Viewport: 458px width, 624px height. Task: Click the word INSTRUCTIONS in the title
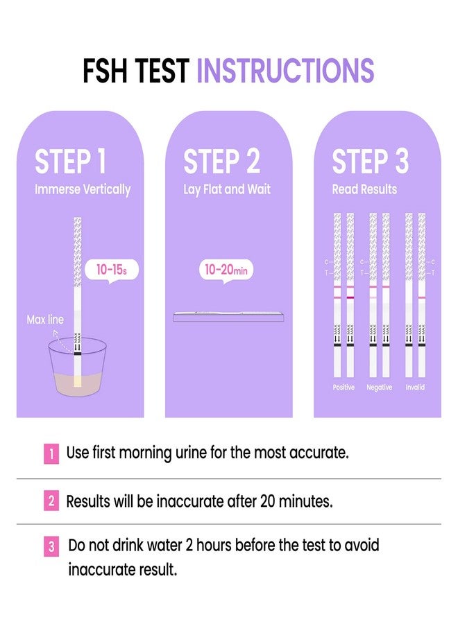tap(285, 71)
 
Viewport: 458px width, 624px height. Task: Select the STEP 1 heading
tap(71, 162)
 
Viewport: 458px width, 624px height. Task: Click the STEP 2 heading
tap(222, 162)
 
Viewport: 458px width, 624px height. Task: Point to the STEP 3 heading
tap(371, 162)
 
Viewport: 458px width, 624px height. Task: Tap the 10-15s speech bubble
tap(106, 270)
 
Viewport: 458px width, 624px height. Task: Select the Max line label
tap(45, 320)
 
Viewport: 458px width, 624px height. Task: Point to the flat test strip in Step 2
tap(228, 316)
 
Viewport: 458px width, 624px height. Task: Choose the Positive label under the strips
tap(343, 388)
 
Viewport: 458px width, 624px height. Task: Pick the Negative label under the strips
tap(380, 388)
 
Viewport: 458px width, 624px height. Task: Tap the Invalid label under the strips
tap(416, 388)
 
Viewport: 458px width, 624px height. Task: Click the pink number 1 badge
tap(51, 454)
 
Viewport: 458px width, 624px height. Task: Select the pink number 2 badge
tap(51, 501)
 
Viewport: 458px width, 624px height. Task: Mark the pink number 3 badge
tap(51, 547)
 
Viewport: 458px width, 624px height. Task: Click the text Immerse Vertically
tap(83, 189)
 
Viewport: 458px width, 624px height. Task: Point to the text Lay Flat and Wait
tap(227, 189)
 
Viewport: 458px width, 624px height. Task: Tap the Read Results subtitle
tap(364, 189)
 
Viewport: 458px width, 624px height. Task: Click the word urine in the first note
tap(196, 453)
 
